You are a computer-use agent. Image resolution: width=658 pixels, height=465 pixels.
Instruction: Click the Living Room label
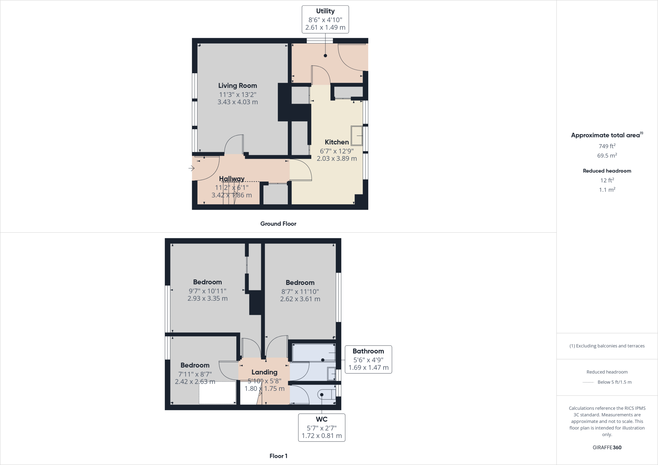tap(237, 86)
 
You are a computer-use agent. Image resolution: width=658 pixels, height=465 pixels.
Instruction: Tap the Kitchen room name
tap(336, 142)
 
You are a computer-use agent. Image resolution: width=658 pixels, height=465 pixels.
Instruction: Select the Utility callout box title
tap(325, 11)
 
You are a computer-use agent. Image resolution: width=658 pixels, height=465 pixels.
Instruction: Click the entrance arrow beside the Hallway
tap(191, 168)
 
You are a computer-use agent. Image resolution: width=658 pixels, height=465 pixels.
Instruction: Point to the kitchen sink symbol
tap(357, 136)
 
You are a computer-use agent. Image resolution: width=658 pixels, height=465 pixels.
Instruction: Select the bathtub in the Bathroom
tap(314, 353)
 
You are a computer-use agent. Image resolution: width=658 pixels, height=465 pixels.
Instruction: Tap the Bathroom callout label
tap(368, 351)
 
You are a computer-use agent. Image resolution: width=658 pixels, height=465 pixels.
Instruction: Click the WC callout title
tap(322, 419)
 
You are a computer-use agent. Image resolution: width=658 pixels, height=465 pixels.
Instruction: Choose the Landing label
tap(264, 372)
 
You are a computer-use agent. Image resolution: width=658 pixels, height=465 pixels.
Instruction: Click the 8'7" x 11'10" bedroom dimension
tap(300, 292)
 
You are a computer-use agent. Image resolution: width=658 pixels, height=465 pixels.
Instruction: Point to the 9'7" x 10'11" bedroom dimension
tap(208, 291)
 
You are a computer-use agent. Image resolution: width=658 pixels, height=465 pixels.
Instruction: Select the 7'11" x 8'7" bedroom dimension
tap(195, 374)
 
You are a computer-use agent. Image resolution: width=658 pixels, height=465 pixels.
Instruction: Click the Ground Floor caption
tap(278, 224)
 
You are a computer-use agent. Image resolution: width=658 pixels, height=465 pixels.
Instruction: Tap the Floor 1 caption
tap(278, 456)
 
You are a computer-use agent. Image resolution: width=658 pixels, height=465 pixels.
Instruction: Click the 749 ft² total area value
tap(607, 146)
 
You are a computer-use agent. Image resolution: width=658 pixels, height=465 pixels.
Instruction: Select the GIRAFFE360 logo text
tap(607, 447)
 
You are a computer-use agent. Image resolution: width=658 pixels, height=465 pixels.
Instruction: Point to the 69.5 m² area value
tap(607, 156)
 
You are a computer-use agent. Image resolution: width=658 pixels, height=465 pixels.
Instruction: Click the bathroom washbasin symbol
tap(331, 374)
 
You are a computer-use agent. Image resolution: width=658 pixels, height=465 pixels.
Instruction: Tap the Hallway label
tap(232, 179)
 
